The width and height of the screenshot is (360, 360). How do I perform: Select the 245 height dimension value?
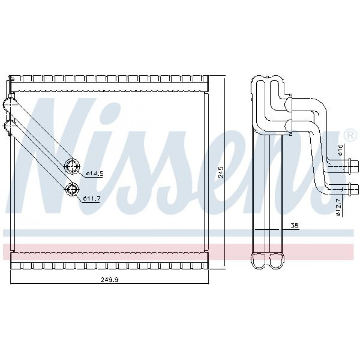(x=221, y=172)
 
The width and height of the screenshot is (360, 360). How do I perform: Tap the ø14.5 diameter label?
(x=95, y=174)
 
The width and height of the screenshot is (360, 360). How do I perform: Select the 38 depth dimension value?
(x=294, y=226)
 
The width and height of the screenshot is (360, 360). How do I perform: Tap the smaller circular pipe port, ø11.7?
(x=72, y=190)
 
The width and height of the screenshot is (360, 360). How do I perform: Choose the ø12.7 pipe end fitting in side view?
(x=354, y=189)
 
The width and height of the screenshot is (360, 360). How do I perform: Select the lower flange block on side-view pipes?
(x=289, y=127)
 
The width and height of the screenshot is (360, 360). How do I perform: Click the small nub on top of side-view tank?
(x=267, y=77)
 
